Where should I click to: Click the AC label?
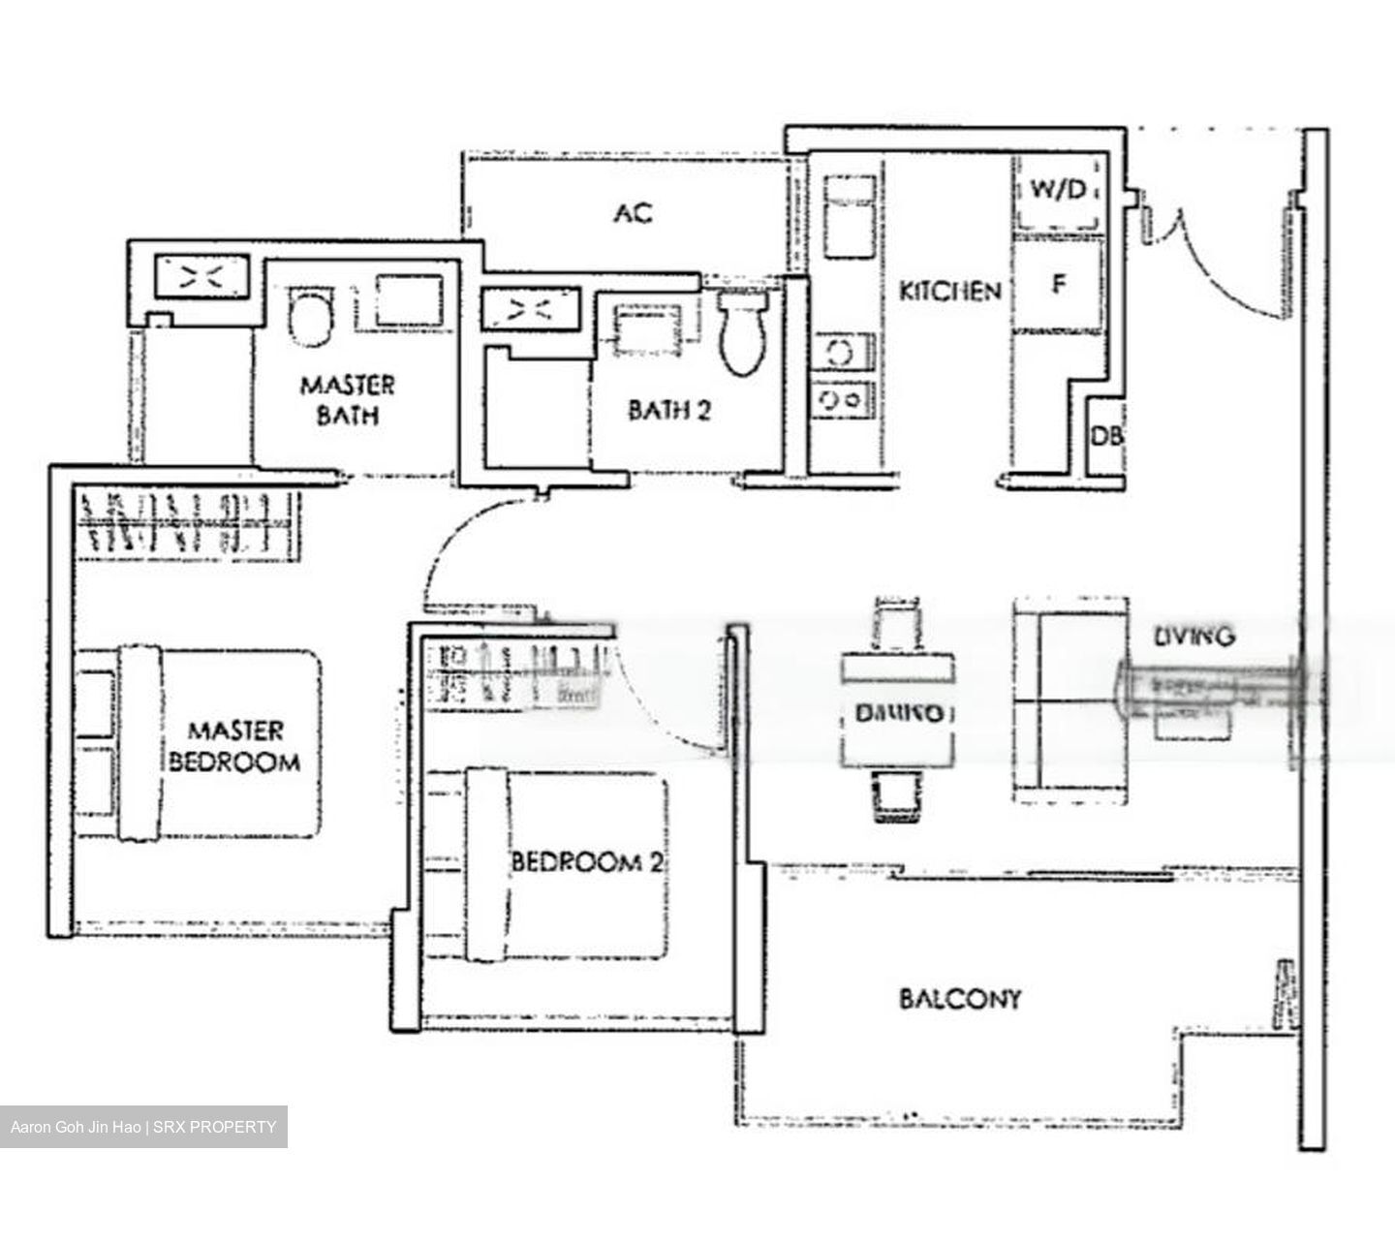[x=633, y=212]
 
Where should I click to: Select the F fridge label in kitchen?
[x=1059, y=285]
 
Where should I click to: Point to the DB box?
[x=1106, y=436]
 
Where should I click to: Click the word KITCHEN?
[x=949, y=291]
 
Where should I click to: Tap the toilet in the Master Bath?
[x=310, y=317]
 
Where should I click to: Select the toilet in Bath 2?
[x=743, y=334]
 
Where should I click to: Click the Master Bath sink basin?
[x=409, y=301]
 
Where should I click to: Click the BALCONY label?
[x=960, y=999]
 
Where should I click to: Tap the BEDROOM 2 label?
[x=587, y=861]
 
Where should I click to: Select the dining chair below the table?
[x=896, y=796]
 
